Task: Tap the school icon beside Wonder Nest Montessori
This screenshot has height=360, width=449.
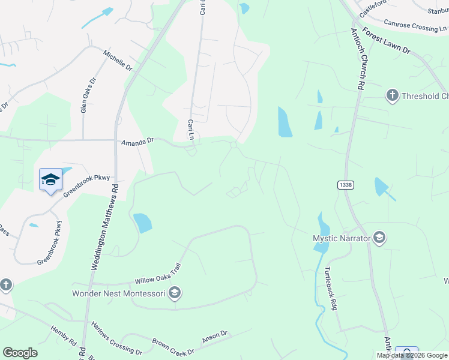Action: [175, 293]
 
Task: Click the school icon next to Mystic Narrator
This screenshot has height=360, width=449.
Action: [379, 238]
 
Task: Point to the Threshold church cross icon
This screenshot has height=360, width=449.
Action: [392, 96]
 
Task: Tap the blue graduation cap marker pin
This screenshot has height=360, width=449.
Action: [50, 179]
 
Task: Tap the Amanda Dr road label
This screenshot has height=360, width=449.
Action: [138, 142]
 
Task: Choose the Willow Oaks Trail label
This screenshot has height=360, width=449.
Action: [158, 274]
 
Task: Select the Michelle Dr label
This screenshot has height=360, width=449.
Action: [118, 60]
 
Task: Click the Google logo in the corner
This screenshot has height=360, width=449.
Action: [20, 353]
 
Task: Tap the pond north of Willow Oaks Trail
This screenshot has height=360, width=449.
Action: [142, 223]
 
